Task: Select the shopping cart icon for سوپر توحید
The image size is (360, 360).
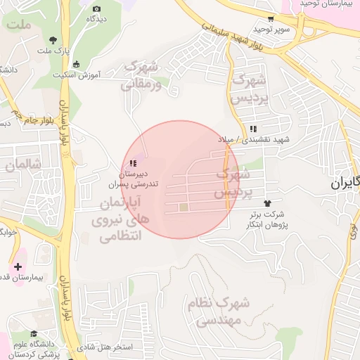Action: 271,19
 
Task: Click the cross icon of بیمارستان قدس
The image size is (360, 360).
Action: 18,266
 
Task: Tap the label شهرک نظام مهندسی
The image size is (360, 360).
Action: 218,311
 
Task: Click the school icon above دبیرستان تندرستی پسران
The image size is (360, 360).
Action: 132,163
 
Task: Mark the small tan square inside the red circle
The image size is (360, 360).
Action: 184,207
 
